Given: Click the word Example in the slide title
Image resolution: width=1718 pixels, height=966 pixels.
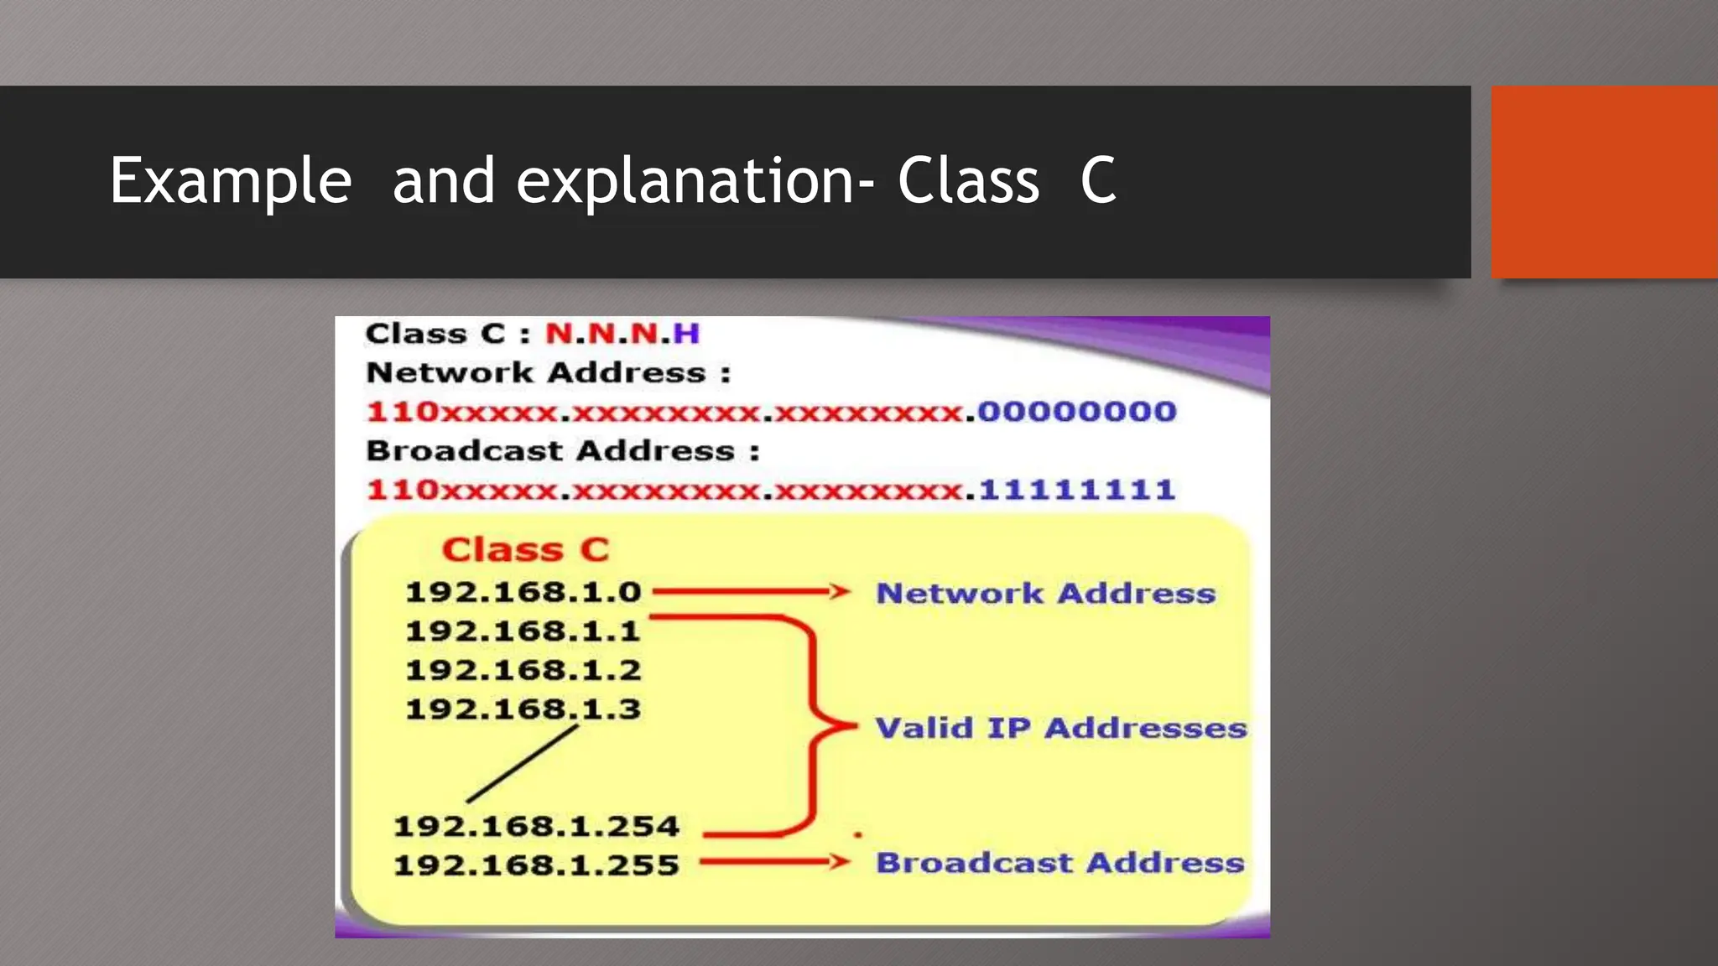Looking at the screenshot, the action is coord(231,182).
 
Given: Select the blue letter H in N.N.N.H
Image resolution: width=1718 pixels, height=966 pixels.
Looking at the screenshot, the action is coord(686,334).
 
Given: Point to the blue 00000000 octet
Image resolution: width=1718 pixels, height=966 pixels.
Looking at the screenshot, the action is coord(1077,412).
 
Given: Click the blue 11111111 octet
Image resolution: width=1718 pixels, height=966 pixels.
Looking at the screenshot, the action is coord(1077,490).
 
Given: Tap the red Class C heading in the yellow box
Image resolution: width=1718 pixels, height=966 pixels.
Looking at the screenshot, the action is coord(526,550).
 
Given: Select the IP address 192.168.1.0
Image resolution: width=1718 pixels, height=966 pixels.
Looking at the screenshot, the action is coord(523,593).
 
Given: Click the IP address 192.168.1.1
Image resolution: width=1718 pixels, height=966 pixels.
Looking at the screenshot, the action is coord(523,631).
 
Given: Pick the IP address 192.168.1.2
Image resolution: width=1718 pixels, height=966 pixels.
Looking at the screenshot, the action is coord(523,671).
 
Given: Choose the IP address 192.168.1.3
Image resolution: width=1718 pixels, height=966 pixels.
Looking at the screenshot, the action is coord(523,709).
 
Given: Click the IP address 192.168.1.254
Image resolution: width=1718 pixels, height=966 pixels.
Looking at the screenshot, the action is coord(536,827).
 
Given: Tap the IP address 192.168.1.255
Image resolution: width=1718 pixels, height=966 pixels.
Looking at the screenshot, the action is coord(536,865).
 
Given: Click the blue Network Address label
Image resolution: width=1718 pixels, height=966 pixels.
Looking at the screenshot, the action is coord(1046,594).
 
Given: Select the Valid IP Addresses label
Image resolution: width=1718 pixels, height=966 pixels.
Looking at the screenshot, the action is coord(1060,728).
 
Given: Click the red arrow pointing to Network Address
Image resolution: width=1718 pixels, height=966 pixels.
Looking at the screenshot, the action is coord(751,592).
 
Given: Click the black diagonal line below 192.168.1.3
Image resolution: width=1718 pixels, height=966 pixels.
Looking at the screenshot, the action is coord(523,764).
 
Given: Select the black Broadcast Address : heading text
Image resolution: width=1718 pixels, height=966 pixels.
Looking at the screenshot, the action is coord(563,451).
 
